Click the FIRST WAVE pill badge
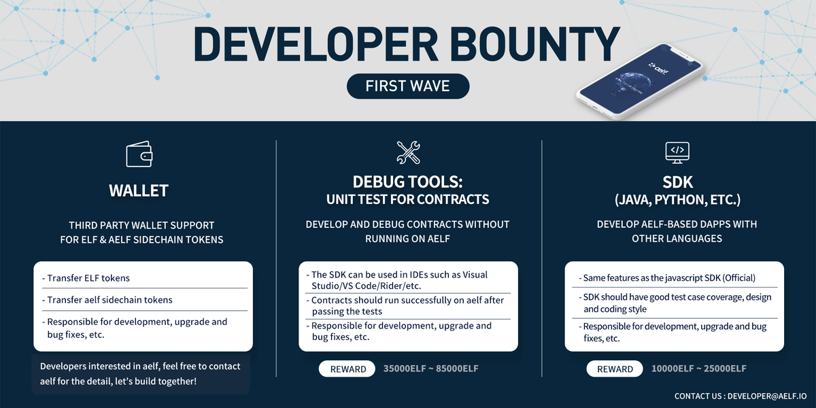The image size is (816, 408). click(x=408, y=86)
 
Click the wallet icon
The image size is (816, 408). click(x=139, y=154)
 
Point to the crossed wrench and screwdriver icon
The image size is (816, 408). click(x=409, y=152)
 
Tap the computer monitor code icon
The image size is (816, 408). click(x=677, y=152)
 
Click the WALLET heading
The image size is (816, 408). click(x=139, y=191)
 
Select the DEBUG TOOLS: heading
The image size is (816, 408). click(x=408, y=182)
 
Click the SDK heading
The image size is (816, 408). click(x=677, y=182)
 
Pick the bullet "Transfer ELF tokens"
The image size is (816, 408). click(x=88, y=277)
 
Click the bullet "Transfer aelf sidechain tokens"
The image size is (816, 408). click(x=109, y=299)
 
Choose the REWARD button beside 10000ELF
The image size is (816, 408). click(x=615, y=369)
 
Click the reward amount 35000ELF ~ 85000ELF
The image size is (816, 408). click(x=431, y=369)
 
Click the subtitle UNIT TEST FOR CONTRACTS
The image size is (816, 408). click(x=408, y=199)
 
